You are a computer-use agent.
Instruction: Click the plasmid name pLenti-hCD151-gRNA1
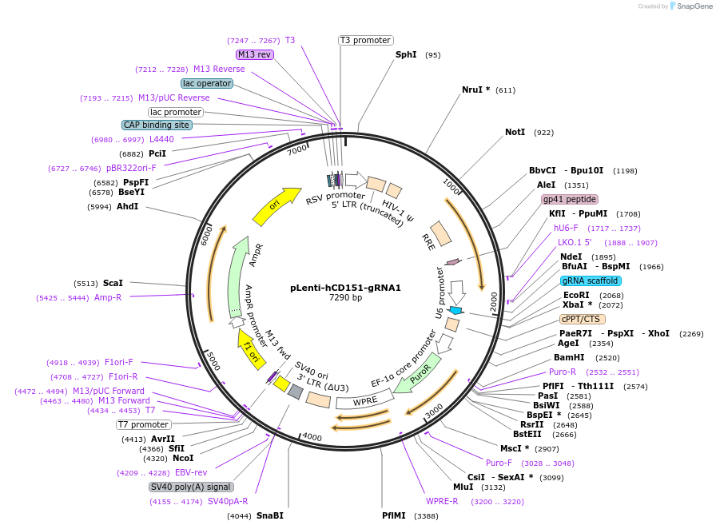point(345,288)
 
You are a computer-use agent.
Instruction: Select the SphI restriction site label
point(406,55)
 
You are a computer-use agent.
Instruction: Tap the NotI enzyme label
point(515,132)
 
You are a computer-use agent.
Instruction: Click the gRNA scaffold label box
point(591,280)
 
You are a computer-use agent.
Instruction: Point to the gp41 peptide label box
point(569,199)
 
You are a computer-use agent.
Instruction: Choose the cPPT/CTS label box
point(582,319)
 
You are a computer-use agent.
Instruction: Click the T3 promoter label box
point(365,40)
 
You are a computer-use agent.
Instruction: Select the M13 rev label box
point(254,54)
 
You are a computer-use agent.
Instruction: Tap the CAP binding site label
point(157,125)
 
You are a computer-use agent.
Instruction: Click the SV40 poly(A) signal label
point(191,487)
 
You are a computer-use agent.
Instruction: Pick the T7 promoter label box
point(143,424)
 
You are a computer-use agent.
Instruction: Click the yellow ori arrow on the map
point(276,206)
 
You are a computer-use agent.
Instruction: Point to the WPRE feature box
point(365,400)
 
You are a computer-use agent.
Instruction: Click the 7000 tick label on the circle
point(297,150)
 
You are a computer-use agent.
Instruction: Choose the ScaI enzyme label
point(113,283)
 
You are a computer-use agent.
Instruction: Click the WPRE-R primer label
point(442,501)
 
